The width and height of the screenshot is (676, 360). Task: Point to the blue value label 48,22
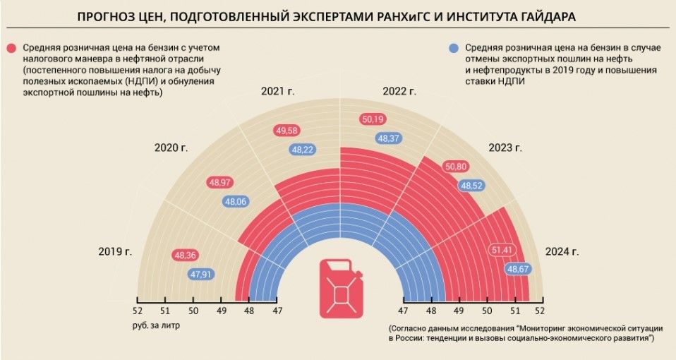(304, 150)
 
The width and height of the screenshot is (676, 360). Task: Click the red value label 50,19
(373, 119)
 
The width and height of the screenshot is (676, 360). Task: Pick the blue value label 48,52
(472, 186)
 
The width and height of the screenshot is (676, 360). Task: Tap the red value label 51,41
(502, 251)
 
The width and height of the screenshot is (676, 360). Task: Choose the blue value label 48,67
(519, 269)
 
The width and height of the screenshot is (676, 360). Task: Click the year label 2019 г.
(116, 252)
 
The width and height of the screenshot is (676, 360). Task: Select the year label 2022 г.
(399, 92)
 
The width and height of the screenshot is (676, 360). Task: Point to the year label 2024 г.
(562, 251)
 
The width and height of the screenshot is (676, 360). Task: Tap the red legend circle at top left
(12, 48)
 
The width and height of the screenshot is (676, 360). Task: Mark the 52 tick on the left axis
(137, 311)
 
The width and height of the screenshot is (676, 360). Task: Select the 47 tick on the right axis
(404, 311)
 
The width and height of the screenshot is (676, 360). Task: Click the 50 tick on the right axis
(487, 311)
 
